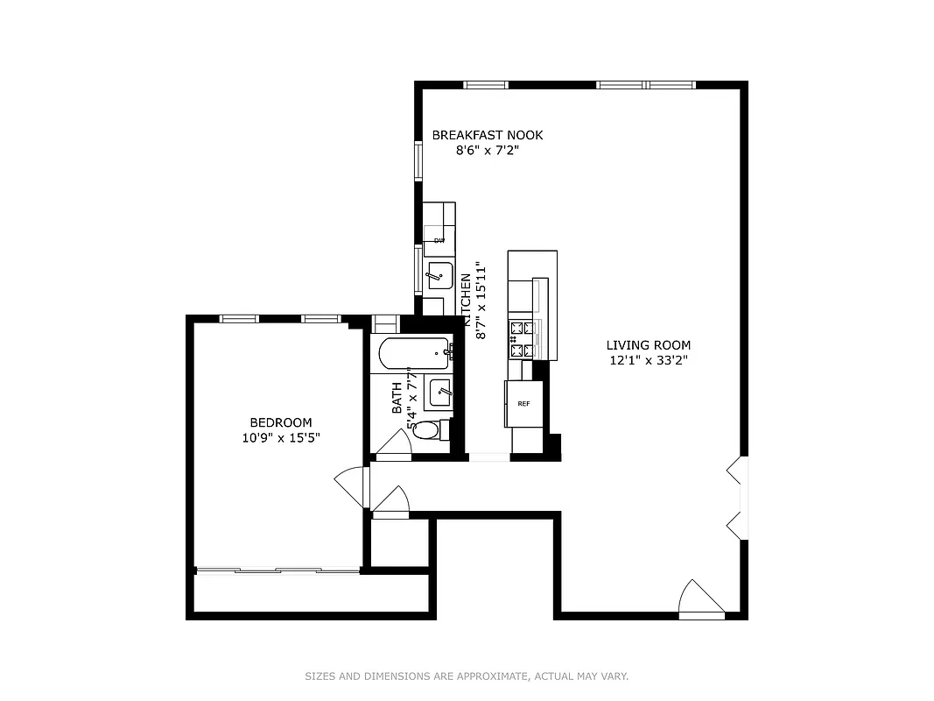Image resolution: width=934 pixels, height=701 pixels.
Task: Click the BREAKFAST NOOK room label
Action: coord(488,135)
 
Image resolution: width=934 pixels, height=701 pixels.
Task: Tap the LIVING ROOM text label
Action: coord(649,345)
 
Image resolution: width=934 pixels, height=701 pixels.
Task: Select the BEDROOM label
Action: coord(280,422)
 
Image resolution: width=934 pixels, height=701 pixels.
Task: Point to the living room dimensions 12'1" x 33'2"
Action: coord(649,360)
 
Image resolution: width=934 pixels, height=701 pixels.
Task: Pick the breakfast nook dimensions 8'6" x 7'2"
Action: coord(488,150)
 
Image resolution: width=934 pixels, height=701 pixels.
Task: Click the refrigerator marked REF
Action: coord(524,404)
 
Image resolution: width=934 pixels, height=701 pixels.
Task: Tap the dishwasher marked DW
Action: coord(439,240)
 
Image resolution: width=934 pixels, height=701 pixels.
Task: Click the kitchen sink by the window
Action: coord(439,276)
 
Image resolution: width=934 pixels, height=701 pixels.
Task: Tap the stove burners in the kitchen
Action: coord(522,340)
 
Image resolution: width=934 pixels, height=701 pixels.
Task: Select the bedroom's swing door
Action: coord(352,485)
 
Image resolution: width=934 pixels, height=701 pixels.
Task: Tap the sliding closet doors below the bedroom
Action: coord(277,571)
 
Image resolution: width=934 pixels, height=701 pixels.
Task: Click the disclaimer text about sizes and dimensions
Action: coord(467,676)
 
